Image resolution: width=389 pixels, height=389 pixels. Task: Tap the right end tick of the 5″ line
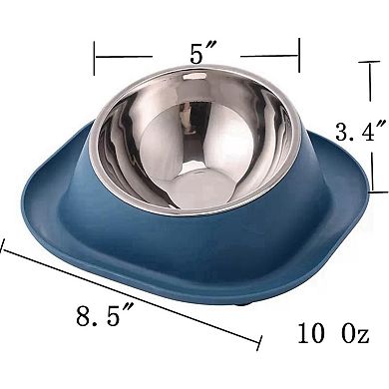coord(299,57)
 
